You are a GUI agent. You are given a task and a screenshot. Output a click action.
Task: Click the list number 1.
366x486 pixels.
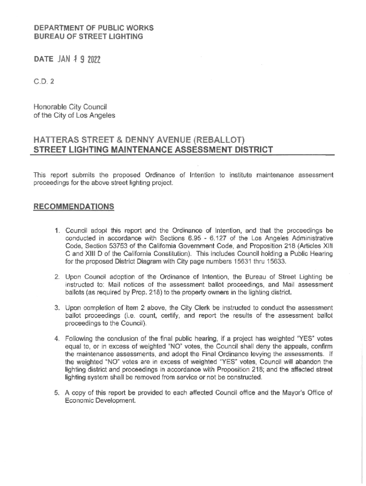[x=57, y=231]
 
